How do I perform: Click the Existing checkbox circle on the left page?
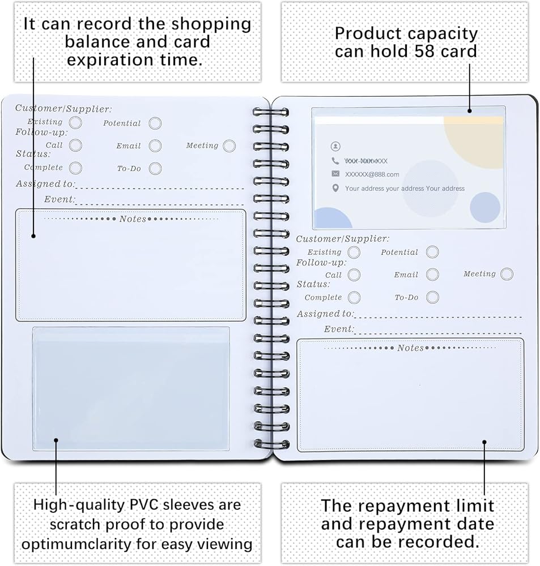point(75,122)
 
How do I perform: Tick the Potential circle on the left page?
point(155,123)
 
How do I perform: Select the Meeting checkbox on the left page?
point(229,146)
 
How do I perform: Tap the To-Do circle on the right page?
point(432,297)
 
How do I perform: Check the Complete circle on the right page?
point(354,298)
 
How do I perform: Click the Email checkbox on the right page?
point(432,275)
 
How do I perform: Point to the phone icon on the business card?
point(335,161)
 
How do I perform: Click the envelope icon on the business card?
point(335,174)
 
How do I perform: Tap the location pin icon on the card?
point(335,188)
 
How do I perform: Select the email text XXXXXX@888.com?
point(372,174)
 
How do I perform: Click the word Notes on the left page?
point(133,219)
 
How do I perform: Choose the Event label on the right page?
point(339,329)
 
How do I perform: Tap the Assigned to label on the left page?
point(45,184)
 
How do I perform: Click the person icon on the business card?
point(335,146)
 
